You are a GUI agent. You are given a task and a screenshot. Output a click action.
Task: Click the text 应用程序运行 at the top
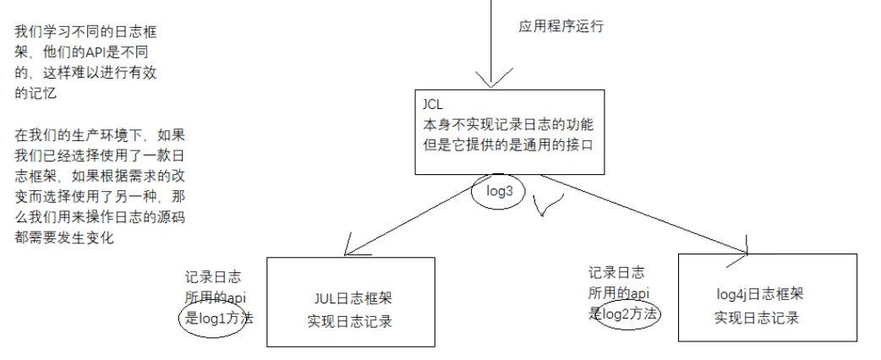(561, 26)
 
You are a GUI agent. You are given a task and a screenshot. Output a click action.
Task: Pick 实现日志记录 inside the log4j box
(757, 317)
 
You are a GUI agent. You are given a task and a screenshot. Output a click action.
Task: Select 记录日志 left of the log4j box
(616, 273)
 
